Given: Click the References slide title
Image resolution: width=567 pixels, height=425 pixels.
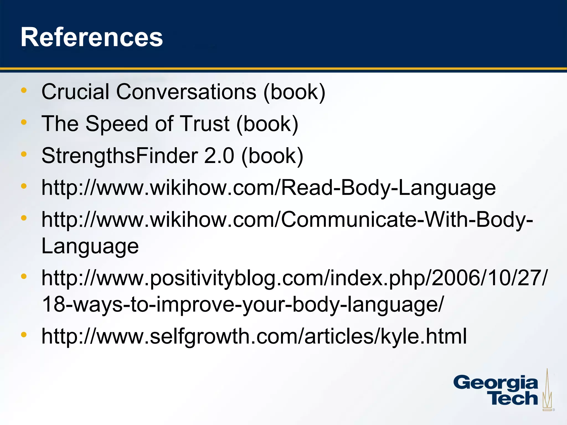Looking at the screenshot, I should (92, 37).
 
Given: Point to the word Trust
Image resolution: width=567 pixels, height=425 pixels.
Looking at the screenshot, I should (205, 124).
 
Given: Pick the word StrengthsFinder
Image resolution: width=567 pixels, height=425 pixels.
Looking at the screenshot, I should (120, 156).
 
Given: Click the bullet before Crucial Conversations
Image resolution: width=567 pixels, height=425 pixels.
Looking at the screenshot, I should (24, 90).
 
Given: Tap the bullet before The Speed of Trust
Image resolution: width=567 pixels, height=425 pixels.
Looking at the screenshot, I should (24, 122).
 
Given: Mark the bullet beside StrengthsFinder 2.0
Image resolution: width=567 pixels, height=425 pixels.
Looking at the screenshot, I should (24, 154).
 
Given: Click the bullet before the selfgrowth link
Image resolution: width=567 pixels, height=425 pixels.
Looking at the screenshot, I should (24, 335).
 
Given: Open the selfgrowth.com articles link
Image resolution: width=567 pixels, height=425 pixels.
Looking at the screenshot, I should (254, 336).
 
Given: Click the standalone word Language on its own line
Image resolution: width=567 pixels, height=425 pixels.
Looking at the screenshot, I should (90, 246).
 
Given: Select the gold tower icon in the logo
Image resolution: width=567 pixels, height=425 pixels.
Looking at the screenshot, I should (547, 390).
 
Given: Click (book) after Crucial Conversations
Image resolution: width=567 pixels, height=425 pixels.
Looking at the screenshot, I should (294, 92).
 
